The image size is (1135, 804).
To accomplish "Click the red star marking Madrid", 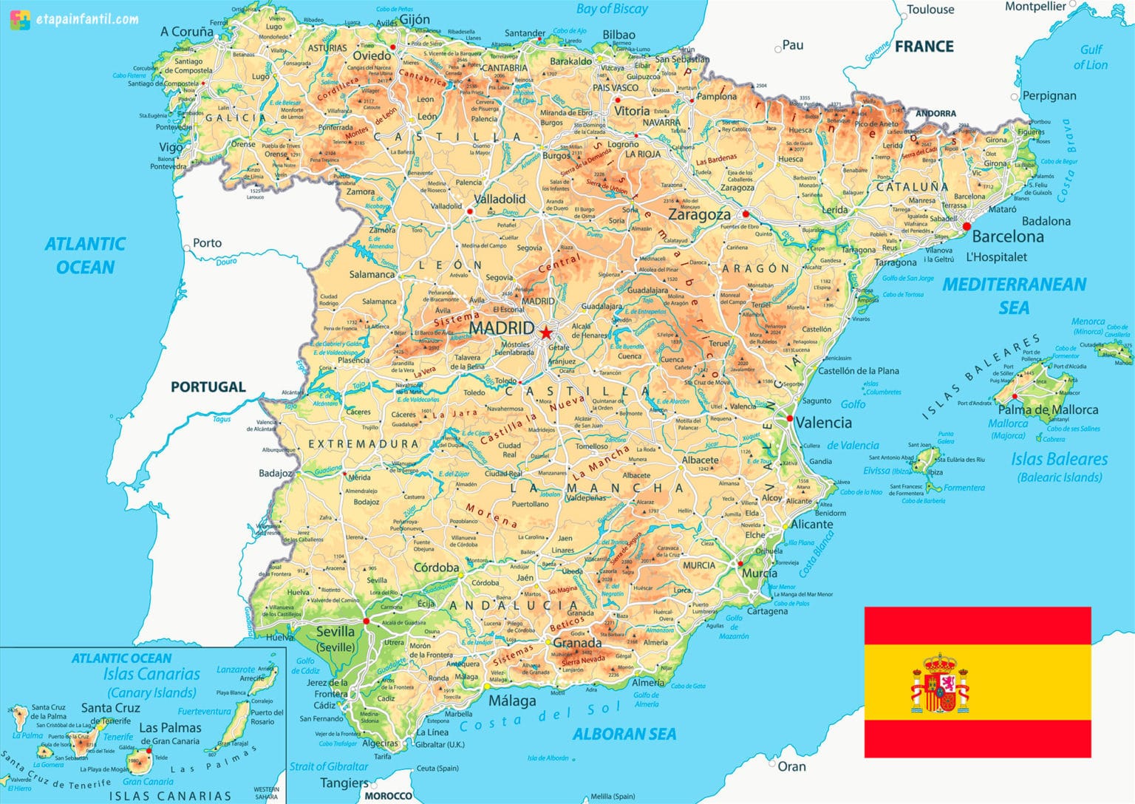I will tap(545, 333).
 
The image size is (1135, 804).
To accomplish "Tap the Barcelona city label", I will tap(1008, 236).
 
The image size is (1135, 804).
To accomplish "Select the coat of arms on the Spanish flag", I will tap(939, 684).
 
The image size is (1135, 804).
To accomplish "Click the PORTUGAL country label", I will tap(208, 386).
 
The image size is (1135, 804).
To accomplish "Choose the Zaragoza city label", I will tap(699, 215).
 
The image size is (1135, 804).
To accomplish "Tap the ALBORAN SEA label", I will tap(624, 734).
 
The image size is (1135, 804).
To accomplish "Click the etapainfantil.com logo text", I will tap(86, 19).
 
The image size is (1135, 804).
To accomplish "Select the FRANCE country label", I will tap(924, 47).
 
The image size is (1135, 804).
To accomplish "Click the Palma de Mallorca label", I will tap(1048, 409).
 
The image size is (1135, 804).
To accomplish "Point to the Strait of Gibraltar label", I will tap(328, 766).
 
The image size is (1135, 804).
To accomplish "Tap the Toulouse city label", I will tap(930, 10).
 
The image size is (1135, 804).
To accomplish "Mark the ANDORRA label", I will tap(935, 114).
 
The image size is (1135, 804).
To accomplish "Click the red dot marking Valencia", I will tap(790, 419).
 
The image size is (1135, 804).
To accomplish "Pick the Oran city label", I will tap(791, 767).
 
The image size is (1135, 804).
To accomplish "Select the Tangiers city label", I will tap(344, 783).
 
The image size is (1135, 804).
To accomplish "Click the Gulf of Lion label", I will tap(1091, 57).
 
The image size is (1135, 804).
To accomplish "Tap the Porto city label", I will tap(207, 243).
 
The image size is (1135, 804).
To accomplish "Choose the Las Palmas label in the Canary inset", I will tap(170, 728).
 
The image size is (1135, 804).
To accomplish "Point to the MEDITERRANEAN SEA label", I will tap(1014, 296).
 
